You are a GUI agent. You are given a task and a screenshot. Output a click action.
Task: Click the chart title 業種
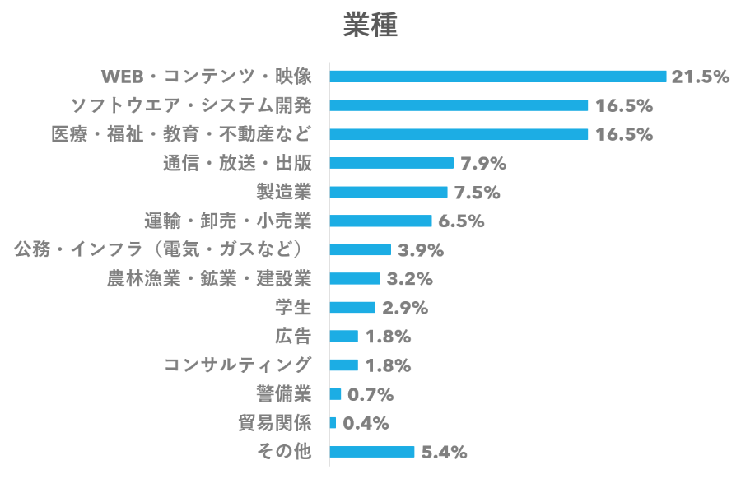370,26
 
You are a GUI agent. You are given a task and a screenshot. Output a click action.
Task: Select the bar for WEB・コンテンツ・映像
497,77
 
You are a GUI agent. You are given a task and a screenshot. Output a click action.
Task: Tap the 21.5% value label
701,77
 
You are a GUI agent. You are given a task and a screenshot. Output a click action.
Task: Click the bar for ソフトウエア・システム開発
459,105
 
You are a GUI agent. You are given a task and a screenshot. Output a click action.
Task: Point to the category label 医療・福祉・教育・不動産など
182,134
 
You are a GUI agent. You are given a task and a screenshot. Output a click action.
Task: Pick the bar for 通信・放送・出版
391,163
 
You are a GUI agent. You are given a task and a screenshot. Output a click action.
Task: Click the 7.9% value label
483,163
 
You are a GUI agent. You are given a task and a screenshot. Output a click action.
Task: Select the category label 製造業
285,192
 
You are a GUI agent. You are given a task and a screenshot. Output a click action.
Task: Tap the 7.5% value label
478,192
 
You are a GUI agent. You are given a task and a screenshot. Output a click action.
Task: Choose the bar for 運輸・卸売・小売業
380,221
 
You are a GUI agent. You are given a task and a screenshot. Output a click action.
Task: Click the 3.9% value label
421,249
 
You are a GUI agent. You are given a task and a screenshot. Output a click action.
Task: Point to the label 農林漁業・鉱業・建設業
209,278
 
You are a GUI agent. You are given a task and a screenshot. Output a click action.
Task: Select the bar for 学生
352,307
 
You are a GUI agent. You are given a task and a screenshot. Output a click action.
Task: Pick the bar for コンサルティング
344,365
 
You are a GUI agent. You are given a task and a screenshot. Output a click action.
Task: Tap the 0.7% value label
370,394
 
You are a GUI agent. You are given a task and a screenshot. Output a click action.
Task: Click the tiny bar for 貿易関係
333,423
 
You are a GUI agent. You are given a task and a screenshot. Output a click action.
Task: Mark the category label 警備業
285,394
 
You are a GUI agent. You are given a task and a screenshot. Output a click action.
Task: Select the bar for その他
372,452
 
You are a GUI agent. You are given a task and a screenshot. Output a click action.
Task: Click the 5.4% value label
445,452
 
